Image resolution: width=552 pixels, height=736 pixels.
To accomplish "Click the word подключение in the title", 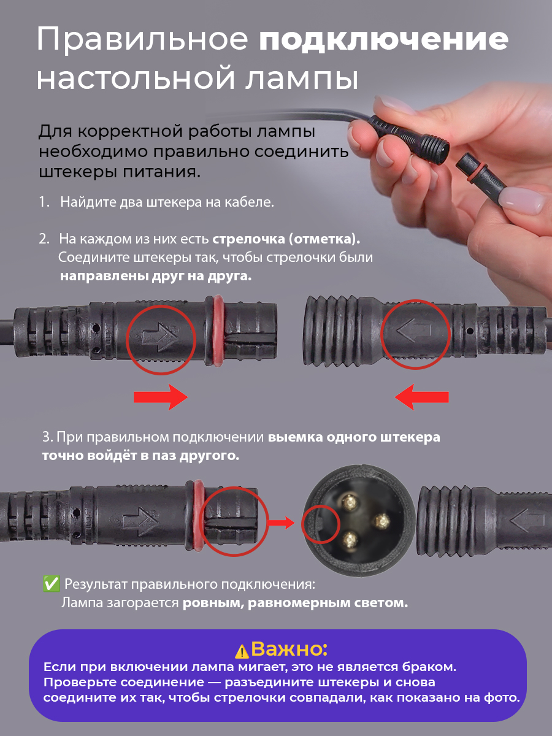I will pyautogui.click(x=383, y=41).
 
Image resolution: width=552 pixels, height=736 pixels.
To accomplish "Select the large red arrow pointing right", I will pyautogui.click(x=160, y=398).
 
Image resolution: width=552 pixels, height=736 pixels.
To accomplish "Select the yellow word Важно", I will pyautogui.click(x=289, y=649).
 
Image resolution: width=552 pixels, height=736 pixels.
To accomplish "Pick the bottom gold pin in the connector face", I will pyautogui.click(x=350, y=539).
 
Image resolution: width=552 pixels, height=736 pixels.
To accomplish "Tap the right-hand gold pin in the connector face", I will pyautogui.click(x=379, y=521).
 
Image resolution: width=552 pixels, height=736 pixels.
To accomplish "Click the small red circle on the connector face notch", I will pyautogui.click(x=318, y=524).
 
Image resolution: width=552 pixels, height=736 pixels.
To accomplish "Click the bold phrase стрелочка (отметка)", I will pyautogui.click(x=286, y=238).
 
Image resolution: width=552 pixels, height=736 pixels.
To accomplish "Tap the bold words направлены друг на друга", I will pyautogui.click(x=156, y=276).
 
